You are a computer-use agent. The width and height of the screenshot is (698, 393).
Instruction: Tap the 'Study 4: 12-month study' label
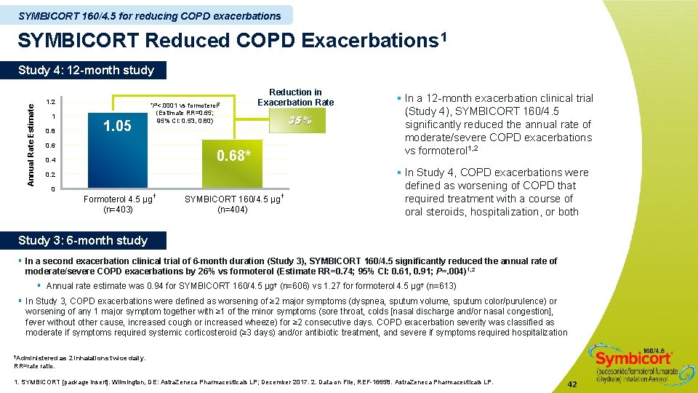coord(86,71)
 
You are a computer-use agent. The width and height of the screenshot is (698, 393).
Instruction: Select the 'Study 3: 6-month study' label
coord(83,240)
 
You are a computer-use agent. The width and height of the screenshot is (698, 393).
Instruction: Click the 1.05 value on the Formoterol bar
coord(117,127)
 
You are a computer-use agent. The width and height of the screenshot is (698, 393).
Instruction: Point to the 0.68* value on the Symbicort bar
coord(235,155)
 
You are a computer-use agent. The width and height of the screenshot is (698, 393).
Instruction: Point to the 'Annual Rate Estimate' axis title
coord(31,143)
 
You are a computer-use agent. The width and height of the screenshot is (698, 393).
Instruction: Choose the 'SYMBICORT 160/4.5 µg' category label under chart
coord(233,199)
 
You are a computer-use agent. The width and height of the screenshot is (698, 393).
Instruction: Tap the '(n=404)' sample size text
coord(233,210)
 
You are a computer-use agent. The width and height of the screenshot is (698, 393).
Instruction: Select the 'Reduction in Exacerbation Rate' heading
coord(295,97)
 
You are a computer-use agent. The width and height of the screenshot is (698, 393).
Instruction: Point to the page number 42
coord(572,384)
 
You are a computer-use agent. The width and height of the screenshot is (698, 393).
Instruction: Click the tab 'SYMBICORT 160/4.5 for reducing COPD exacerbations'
coord(149,15)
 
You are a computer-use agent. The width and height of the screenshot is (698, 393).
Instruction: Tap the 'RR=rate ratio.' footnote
coord(34,366)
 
